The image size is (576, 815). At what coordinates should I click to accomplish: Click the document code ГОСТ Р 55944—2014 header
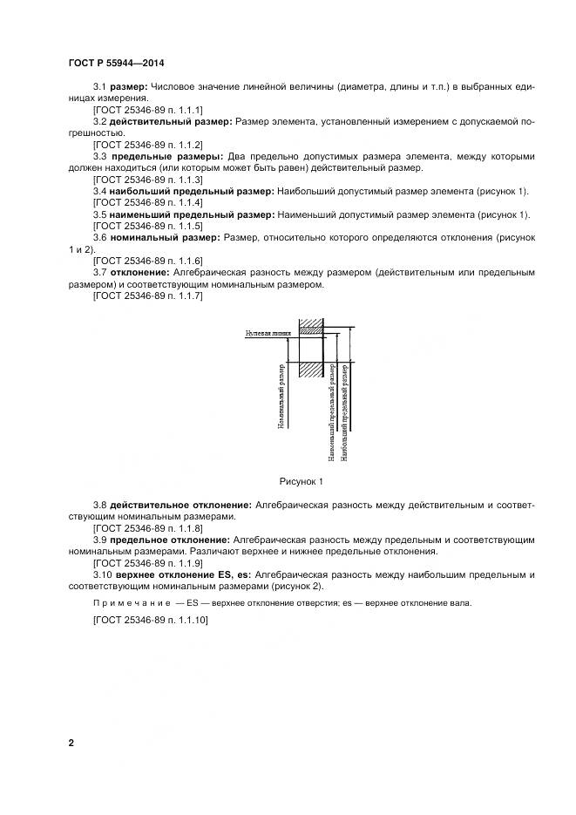[116, 64]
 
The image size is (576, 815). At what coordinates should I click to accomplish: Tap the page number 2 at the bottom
[71, 743]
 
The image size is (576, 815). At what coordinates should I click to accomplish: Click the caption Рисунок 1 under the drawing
[301, 480]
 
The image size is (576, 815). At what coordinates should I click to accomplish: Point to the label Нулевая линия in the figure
[267, 333]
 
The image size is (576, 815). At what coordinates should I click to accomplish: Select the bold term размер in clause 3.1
[129, 87]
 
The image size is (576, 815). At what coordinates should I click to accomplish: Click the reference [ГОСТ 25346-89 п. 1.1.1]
[146, 111]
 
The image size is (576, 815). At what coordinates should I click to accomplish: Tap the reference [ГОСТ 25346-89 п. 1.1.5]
[146, 226]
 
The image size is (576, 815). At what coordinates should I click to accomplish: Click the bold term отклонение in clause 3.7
[143, 272]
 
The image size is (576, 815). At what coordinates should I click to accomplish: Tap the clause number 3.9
[101, 540]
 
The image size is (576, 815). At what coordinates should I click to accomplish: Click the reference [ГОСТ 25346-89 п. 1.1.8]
[146, 528]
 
